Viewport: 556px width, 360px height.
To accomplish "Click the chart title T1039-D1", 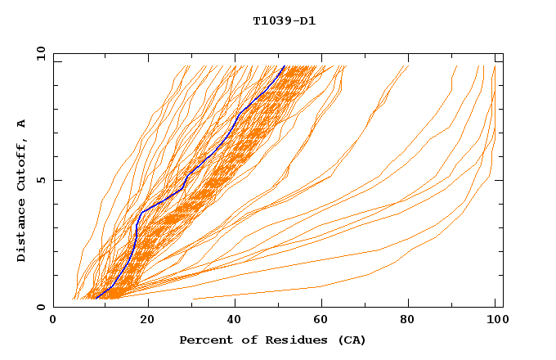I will [285, 21].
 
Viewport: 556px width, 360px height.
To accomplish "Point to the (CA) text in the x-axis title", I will [350, 340].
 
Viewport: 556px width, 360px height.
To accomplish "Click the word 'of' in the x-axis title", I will [245, 340].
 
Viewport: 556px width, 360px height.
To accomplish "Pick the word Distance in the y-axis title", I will [22, 230].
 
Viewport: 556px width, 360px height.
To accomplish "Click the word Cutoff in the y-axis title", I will [22, 163].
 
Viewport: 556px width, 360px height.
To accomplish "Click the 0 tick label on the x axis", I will [53, 320].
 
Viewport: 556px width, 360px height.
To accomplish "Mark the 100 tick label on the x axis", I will [495, 320].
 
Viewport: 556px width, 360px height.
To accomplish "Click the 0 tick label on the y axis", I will [42, 307].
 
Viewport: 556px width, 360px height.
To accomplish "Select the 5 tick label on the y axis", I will [42, 180].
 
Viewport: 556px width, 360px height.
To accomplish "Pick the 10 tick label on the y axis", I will [38, 53].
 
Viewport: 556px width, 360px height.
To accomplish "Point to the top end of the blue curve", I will [285, 65].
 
